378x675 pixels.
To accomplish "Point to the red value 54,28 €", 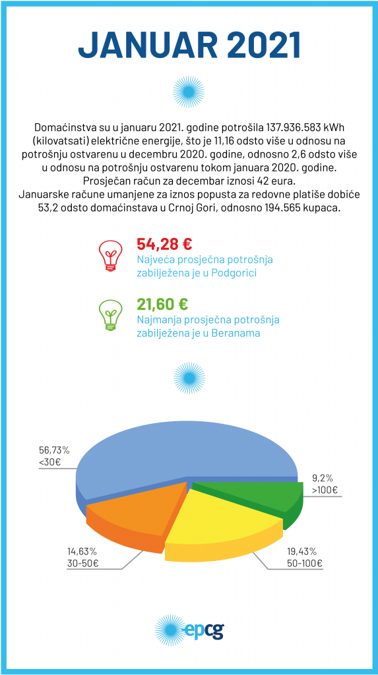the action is coord(164,244).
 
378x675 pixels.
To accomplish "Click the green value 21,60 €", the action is coord(162,304).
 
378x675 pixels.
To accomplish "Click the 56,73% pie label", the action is coord(54,450).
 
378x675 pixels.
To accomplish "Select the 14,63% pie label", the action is coord(82,552).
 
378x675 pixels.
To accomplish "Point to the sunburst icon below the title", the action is coord(189,92).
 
